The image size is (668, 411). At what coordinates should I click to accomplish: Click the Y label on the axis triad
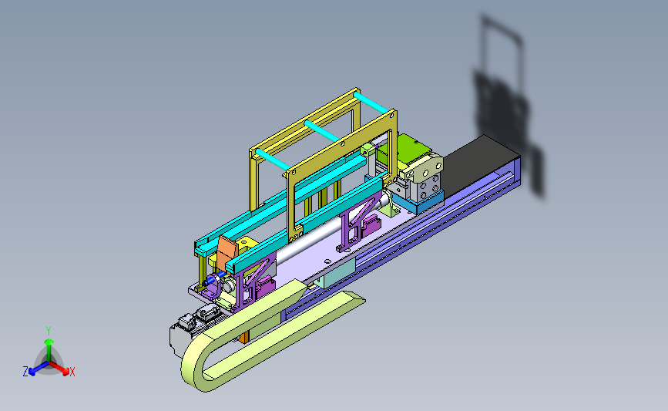point(49,331)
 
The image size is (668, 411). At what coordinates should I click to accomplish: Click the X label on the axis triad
point(72,372)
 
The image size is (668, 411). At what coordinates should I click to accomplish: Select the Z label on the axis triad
point(25,372)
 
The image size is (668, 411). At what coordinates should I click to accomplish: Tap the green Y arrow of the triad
point(49,350)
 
